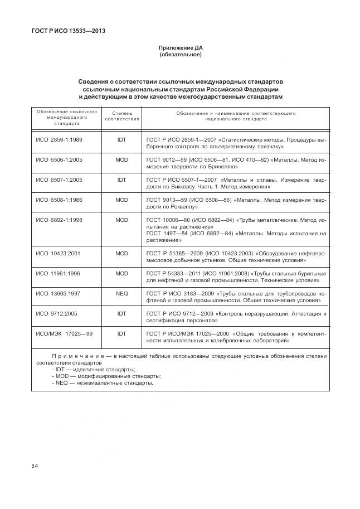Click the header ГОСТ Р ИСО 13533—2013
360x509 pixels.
click(x=69, y=31)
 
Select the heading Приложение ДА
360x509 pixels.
click(x=180, y=49)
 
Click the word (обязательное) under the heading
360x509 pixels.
click(x=180, y=55)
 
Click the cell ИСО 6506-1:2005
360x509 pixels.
click(x=59, y=160)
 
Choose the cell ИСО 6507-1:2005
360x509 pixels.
click(x=59, y=180)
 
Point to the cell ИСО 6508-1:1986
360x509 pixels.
click(x=59, y=200)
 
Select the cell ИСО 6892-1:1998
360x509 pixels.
click(x=59, y=220)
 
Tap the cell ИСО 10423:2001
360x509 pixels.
click(x=58, y=254)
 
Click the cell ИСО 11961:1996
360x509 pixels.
click(x=58, y=274)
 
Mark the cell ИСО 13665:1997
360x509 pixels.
click(x=58, y=293)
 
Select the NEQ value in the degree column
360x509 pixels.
click(x=122, y=293)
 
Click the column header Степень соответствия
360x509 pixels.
click(x=122, y=116)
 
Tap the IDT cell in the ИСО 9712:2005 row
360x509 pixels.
click(x=122, y=313)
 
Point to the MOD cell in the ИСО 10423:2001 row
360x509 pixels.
click(x=122, y=254)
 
